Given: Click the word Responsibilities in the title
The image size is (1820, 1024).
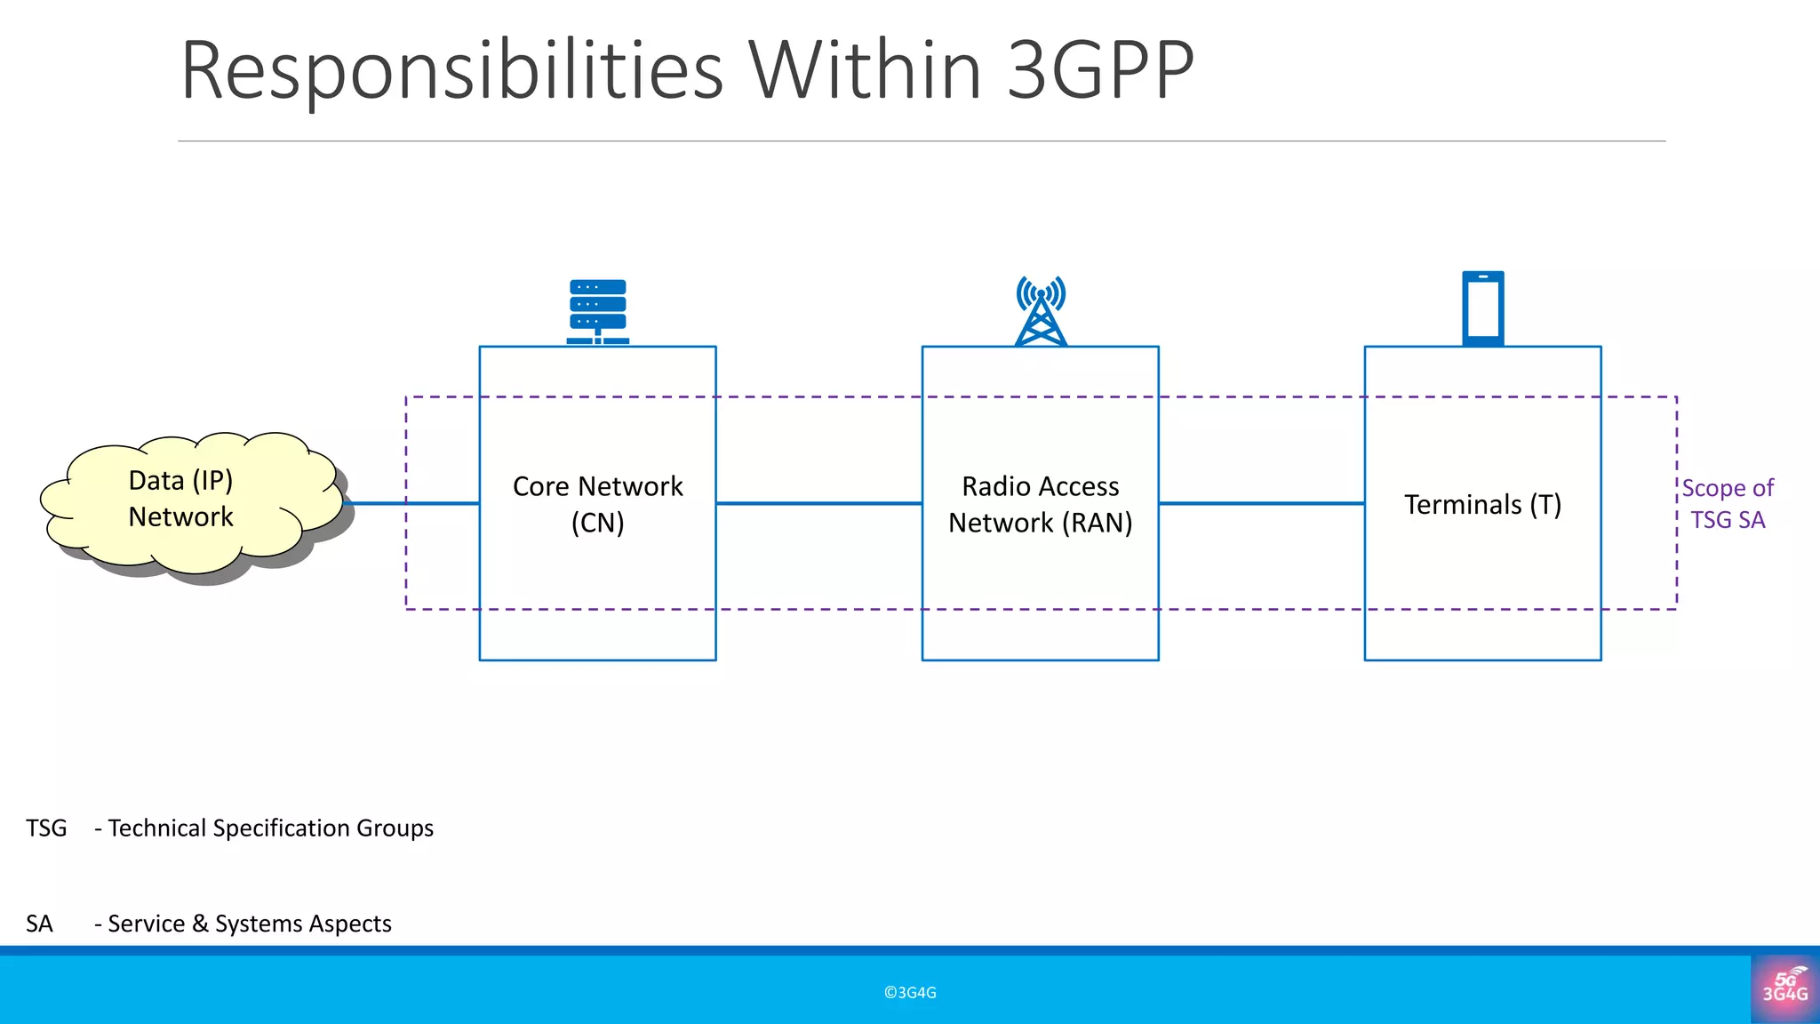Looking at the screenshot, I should (451, 71).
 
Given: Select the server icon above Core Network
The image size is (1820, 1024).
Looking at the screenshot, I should (598, 311).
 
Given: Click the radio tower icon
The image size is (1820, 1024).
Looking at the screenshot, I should (1041, 311).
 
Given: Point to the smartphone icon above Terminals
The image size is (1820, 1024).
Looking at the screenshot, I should (1483, 308).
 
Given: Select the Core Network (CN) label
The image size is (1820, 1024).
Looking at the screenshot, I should (598, 504).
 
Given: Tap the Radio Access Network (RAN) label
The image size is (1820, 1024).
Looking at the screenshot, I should (1041, 504).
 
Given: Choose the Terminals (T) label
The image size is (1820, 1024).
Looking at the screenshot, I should (1482, 505).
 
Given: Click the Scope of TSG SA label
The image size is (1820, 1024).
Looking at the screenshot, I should (1727, 504).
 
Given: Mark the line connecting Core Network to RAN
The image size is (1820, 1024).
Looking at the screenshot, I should (818, 503).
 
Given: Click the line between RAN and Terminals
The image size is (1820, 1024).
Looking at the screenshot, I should (1261, 503).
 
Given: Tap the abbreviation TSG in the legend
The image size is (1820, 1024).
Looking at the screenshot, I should (46, 828).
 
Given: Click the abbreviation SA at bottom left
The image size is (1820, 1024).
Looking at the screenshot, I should (39, 924).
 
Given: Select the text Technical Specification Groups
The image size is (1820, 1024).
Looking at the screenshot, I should (270, 828).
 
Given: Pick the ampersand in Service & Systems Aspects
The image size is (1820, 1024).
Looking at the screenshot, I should (200, 924).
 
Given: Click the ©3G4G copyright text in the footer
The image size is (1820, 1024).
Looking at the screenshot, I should (910, 993).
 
